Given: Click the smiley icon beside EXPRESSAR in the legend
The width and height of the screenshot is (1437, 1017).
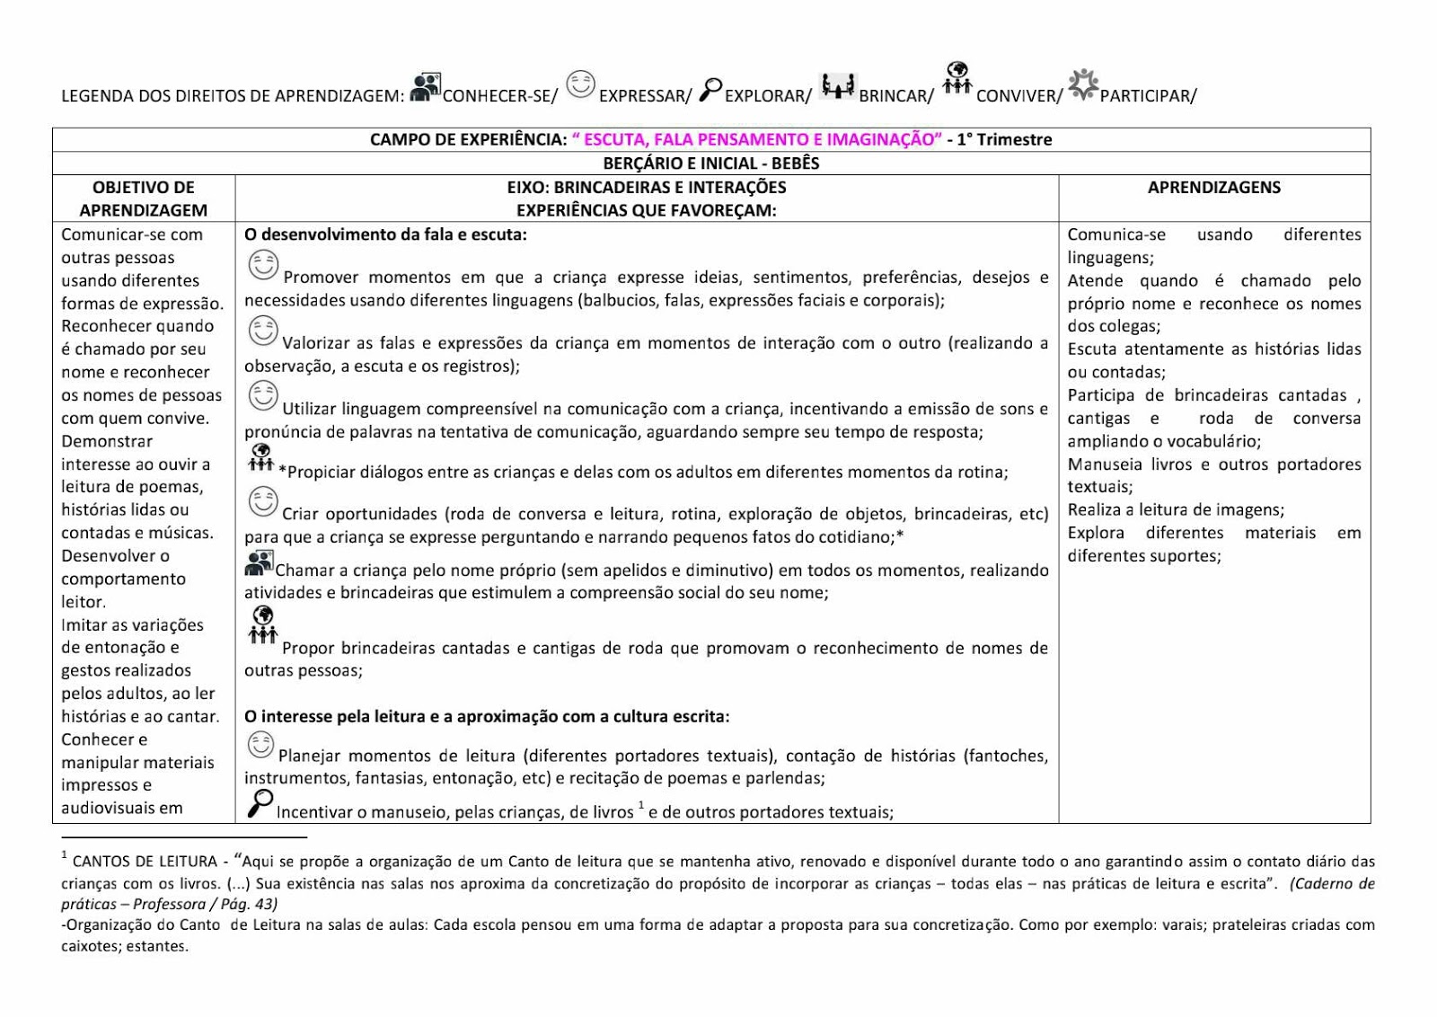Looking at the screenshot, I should [580, 84].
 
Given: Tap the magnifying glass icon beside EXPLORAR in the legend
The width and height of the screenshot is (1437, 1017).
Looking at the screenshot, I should [710, 89].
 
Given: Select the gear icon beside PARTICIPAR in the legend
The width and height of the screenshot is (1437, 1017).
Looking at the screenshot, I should [1083, 84].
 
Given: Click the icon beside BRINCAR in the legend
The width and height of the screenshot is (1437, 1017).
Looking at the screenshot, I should [838, 86].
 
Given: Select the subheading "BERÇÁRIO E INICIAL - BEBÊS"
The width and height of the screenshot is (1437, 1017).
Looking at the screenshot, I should [710, 164].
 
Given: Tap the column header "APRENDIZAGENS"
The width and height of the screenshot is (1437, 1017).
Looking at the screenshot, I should [1213, 187].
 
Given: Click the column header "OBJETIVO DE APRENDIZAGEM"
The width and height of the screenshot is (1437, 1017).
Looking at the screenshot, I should [144, 199].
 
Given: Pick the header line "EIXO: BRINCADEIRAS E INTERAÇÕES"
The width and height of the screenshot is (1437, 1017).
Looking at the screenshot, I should [647, 187].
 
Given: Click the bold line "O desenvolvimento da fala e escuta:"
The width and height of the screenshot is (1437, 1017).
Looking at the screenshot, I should [385, 234].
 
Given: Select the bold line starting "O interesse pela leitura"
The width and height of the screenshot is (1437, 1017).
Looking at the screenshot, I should [487, 716].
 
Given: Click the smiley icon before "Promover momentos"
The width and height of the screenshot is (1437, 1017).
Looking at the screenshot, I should [263, 265].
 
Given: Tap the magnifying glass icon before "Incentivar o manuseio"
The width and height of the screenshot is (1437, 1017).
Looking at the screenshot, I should [260, 803].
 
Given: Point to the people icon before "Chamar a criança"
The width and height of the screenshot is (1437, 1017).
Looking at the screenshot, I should [259, 563].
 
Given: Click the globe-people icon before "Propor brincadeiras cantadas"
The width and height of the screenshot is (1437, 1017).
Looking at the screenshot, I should [262, 626].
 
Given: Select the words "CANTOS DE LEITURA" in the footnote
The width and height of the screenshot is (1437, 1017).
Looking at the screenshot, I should [145, 862].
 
